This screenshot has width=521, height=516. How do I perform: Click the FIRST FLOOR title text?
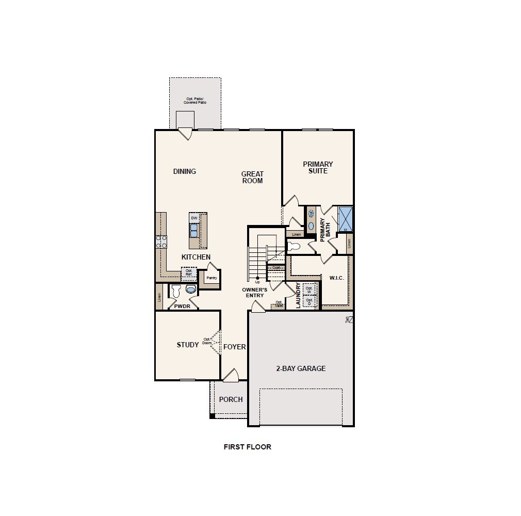coord(247,447)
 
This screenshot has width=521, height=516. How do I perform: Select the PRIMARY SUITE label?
coord(318,167)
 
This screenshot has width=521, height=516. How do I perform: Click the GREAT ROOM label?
coord(252,178)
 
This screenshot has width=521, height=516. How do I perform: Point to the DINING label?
coord(184,171)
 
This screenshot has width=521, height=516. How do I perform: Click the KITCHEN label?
coord(196,257)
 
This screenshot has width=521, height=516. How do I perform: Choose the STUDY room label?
coord(187,345)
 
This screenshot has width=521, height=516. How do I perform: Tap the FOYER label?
coord(234,347)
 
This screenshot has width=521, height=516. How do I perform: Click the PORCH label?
coord(231,399)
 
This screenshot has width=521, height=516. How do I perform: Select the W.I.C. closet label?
coord(336,278)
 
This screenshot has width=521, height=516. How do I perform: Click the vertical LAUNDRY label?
coord(298,296)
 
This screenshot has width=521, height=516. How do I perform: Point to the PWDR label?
coord(183,306)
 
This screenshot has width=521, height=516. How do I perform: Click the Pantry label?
coord(211,278)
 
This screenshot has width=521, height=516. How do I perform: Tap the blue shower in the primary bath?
coord(345,219)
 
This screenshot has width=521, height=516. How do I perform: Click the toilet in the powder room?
coord(176,291)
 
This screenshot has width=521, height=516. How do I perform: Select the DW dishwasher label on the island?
coord(194,218)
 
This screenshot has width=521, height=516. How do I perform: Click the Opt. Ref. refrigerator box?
coord(188,272)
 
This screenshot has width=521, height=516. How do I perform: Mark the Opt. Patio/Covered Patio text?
coord(194,101)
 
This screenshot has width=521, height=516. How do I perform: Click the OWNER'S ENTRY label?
coord(254,293)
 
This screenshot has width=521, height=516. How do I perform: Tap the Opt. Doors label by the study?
coord(207,341)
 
